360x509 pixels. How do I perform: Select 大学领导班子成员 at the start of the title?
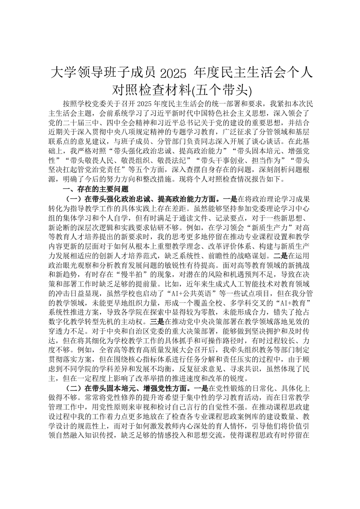(103, 72)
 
